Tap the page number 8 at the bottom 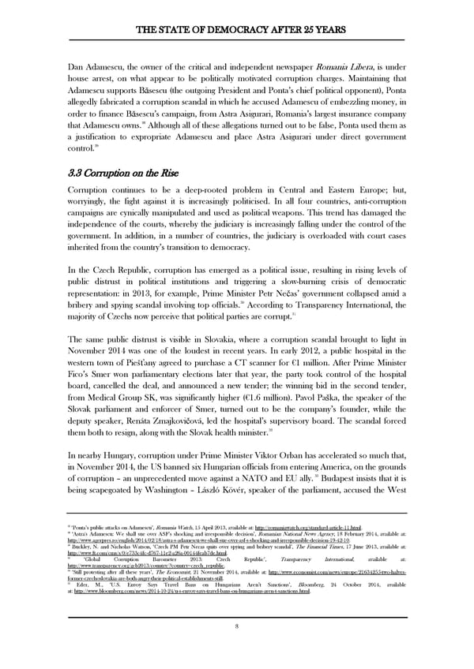[236, 627]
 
